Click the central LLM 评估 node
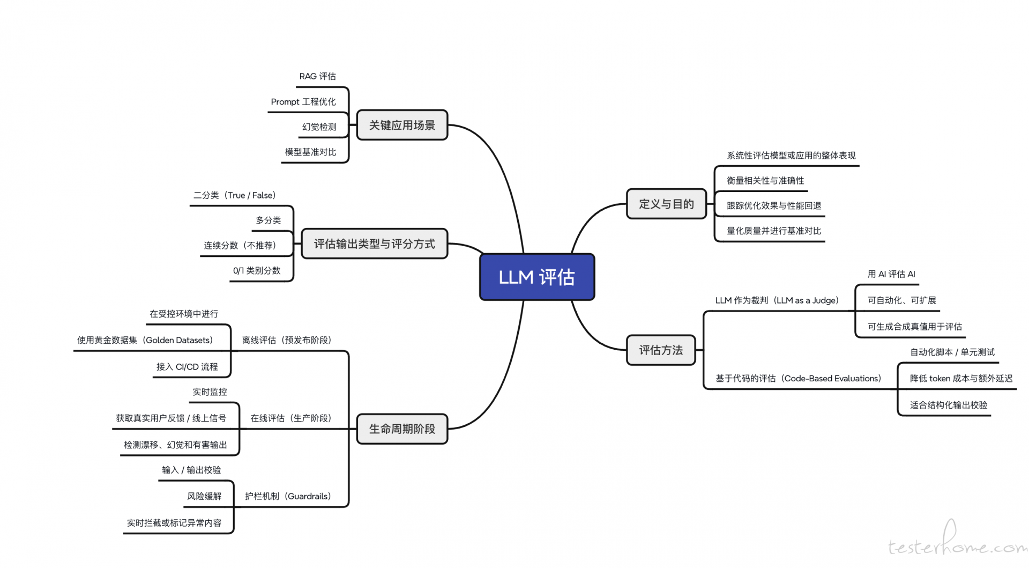(536, 277)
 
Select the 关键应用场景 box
(402, 125)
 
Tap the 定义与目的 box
(666, 204)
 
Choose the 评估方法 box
(661, 350)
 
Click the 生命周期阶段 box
(402, 429)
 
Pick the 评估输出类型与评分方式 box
(374, 244)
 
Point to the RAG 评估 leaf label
(317, 76)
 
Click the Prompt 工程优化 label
(303, 101)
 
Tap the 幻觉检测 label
(319, 127)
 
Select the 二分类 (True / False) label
(235, 195)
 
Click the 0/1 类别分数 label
(257, 270)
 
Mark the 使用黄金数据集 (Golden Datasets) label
(145, 340)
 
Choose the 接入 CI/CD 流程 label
(187, 366)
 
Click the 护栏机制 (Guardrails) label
(288, 496)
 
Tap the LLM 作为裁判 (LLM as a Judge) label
(777, 300)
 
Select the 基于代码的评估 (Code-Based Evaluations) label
(799, 378)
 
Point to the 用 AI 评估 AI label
(891, 274)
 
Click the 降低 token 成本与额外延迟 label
(961, 378)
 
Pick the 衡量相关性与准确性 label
(765, 180)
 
